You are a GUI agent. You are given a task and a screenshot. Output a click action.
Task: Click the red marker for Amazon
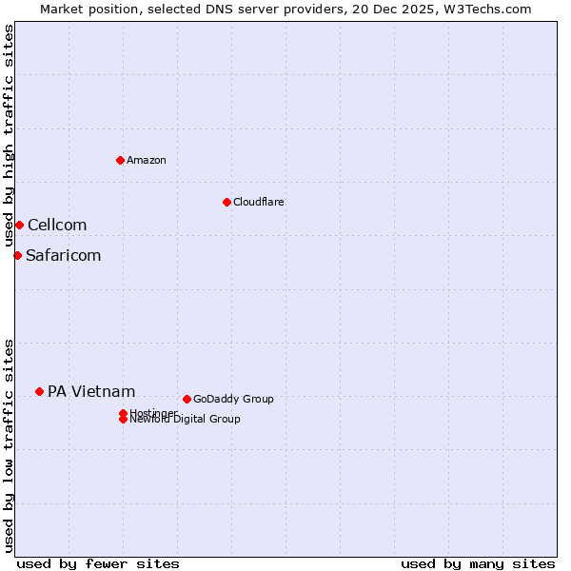click(x=120, y=160)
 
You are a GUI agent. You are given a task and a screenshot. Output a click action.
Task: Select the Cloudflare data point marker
click(x=226, y=202)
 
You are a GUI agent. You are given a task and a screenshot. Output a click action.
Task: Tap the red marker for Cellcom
click(x=19, y=225)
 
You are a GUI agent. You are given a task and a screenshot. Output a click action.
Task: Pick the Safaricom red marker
click(x=17, y=255)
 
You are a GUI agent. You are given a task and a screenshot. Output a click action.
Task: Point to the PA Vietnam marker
click(x=39, y=391)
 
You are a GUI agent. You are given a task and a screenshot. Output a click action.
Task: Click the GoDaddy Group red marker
click(x=187, y=399)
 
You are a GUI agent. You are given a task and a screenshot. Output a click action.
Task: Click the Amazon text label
click(x=147, y=160)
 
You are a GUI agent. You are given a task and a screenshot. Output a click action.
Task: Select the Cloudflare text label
click(x=259, y=202)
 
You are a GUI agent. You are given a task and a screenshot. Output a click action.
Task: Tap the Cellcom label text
click(x=57, y=225)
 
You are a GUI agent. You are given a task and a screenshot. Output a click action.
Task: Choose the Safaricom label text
click(x=63, y=255)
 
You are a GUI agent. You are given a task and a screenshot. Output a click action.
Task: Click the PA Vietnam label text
click(x=91, y=391)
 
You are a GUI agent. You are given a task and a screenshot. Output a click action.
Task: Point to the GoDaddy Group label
click(x=233, y=399)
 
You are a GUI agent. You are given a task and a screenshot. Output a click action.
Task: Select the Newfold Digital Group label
click(x=186, y=420)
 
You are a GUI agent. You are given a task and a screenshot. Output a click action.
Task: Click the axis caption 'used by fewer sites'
click(x=98, y=563)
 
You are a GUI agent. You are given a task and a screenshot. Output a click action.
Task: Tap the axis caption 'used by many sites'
click(x=478, y=563)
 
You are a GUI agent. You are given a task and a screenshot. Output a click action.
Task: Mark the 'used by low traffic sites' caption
click(x=9, y=445)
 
